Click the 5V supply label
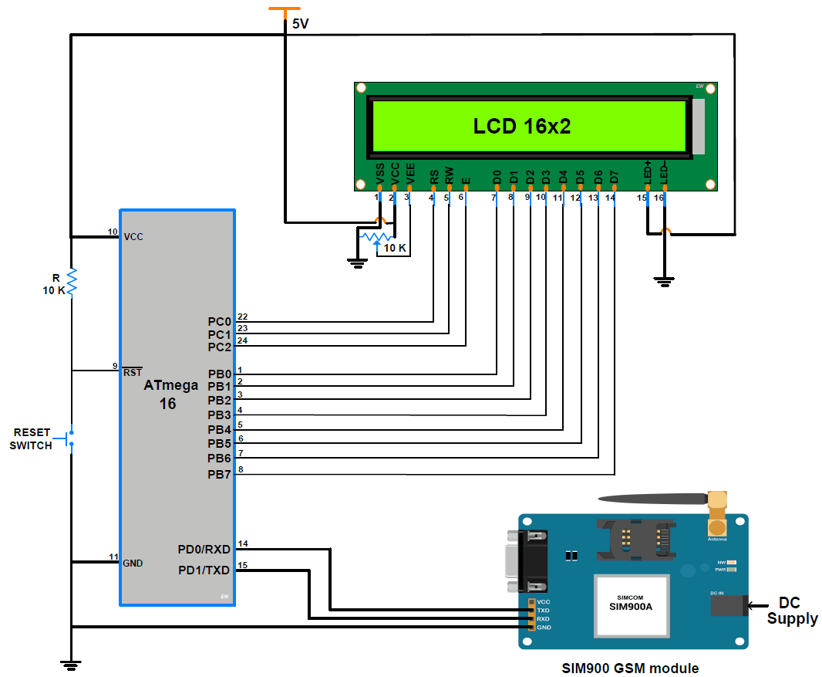coord(300,24)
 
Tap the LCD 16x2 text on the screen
coord(521,126)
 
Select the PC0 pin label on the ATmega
coord(219,321)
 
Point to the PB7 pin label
coord(219,474)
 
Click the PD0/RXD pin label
coord(204,550)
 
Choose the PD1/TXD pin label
coord(204,570)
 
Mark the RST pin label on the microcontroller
coord(133,372)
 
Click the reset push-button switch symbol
coord(70,438)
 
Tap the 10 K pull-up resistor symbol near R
coord(71,283)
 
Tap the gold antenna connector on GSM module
coord(718,514)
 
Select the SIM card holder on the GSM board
coord(636,537)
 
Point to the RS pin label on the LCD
coord(433,178)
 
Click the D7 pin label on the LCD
coord(615,177)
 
